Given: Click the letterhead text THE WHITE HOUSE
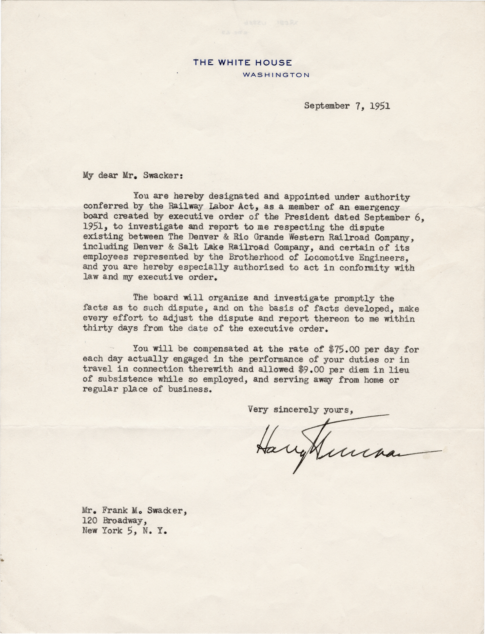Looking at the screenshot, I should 242,62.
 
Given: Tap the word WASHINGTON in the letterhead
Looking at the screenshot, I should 276,75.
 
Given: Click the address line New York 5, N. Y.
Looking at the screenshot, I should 124,530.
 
